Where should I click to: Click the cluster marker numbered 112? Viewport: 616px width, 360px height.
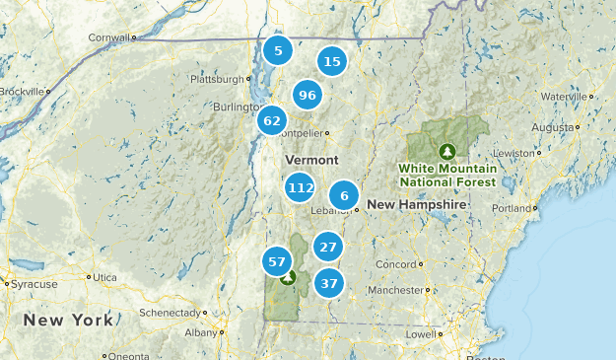click(x=300, y=187)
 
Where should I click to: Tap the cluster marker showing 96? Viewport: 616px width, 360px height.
click(x=307, y=96)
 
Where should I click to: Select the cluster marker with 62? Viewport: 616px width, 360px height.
click(x=272, y=121)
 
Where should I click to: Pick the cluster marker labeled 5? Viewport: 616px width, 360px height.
click(x=278, y=50)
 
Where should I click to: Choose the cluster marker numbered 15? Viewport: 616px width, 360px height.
click(x=332, y=62)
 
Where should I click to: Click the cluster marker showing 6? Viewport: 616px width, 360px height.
click(x=344, y=195)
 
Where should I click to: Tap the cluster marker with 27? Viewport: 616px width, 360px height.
click(x=328, y=248)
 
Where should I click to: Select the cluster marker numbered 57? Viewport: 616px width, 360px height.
click(x=276, y=262)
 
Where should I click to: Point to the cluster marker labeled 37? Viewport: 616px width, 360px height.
click(x=329, y=284)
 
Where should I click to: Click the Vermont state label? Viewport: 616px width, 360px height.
click(x=311, y=160)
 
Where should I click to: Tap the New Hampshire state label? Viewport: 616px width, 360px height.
click(x=416, y=204)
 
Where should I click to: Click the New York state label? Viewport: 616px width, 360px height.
click(x=68, y=321)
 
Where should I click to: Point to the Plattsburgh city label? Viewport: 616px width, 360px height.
click(x=215, y=78)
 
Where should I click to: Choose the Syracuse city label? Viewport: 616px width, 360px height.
click(x=32, y=283)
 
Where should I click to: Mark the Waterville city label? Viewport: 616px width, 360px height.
click(x=563, y=96)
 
